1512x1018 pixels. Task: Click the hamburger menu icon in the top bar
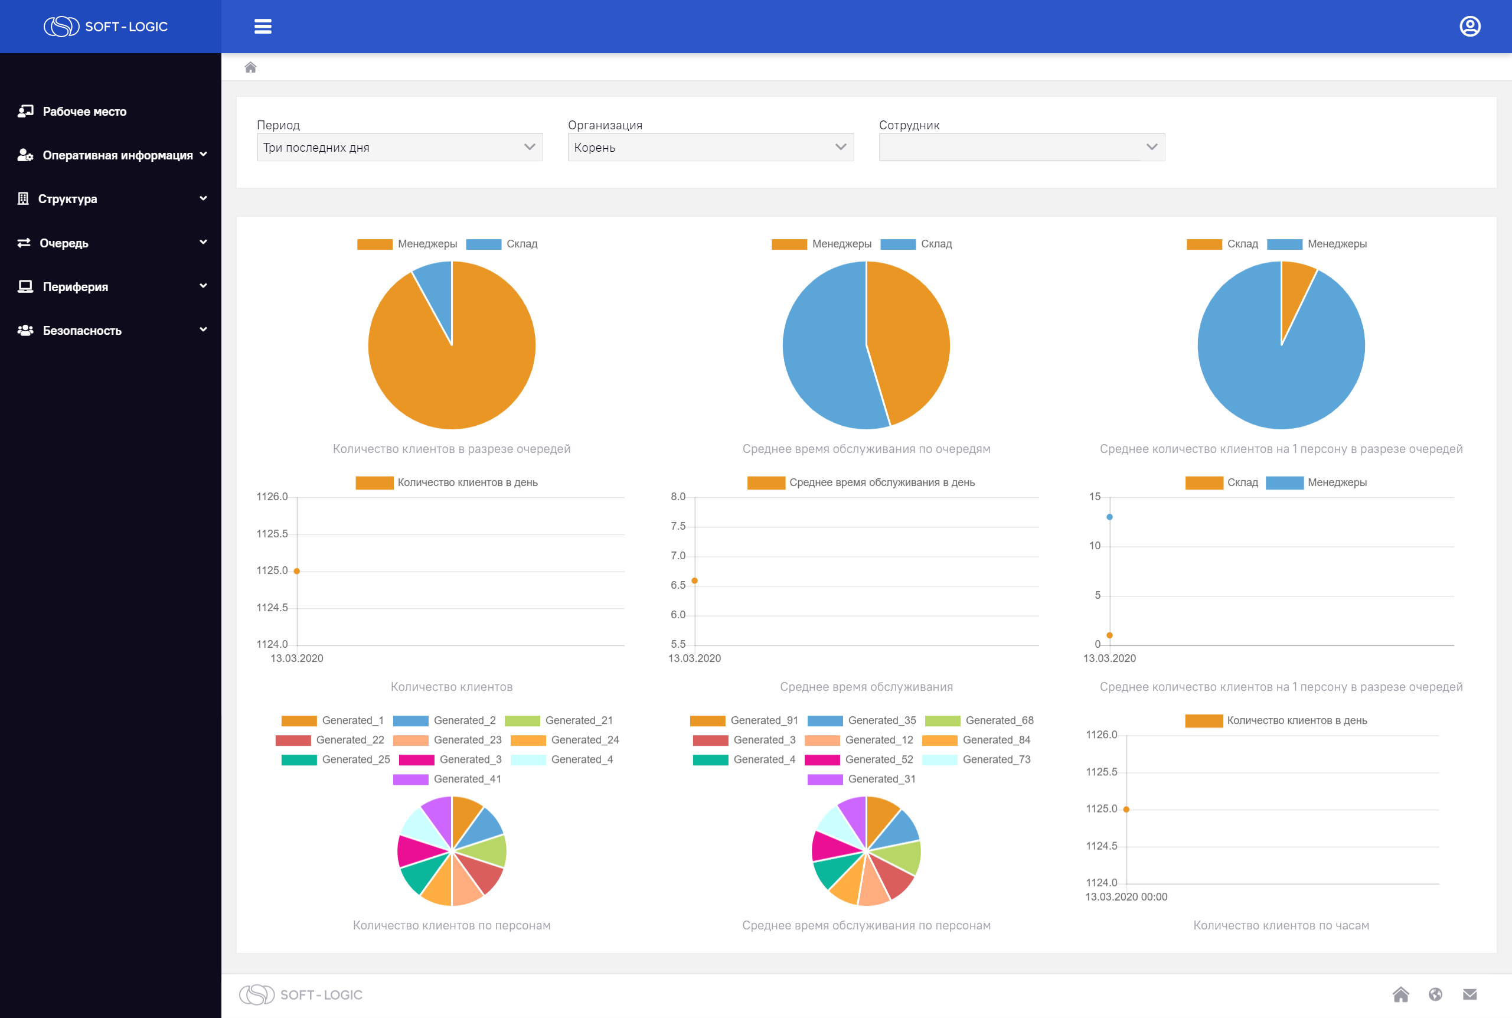[x=263, y=27]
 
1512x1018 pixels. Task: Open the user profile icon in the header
[x=1470, y=27]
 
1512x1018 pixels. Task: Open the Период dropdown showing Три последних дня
[x=400, y=148]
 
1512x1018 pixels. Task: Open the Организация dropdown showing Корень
[x=711, y=148]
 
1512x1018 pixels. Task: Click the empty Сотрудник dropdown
[x=1021, y=148]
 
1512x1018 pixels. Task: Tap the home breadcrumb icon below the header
[x=250, y=67]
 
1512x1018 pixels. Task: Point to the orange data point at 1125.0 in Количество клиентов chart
[x=296, y=572]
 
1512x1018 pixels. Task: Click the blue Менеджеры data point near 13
[x=1110, y=517]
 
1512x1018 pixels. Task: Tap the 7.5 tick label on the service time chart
[x=678, y=527]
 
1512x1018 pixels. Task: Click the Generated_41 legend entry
[x=447, y=779]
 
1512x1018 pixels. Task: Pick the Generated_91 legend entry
[x=744, y=720]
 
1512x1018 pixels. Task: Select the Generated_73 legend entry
[x=976, y=759]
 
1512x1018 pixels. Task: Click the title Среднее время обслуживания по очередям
[x=866, y=449]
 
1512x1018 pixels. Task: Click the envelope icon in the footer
[x=1470, y=994]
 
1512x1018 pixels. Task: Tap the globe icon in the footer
[x=1435, y=994]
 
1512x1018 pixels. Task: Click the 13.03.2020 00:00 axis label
[x=1126, y=897]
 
